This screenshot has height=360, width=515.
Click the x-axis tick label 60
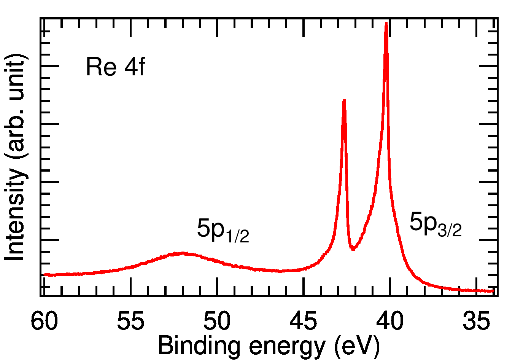coord(44,322)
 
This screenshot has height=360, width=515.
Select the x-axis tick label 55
coord(130,322)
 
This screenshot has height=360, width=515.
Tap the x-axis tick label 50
coord(217,322)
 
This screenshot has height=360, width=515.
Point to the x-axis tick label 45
coord(303,322)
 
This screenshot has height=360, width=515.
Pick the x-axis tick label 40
coord(389,322)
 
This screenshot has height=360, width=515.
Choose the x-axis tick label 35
coord(476,322)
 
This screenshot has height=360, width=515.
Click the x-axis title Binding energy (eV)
coord(269,346)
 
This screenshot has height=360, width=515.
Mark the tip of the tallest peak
coord(386,23)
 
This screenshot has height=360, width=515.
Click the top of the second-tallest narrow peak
coord(344,101)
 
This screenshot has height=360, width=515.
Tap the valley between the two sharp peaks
coord(353,249)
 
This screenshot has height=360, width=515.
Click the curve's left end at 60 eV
coord(45,274)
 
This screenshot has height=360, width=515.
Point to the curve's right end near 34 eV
coord(493,291)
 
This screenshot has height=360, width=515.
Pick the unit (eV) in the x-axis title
coord(358,346)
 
